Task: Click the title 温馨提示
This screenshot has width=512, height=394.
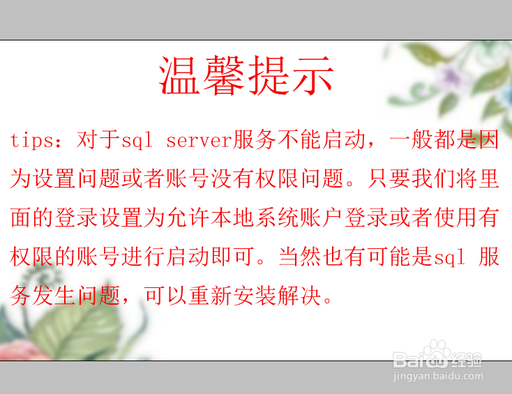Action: coord(246,75)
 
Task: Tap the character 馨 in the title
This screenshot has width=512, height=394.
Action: coord(224,75)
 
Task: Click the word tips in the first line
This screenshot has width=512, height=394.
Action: coord(31,140)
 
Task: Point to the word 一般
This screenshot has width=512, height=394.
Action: coord(411,139)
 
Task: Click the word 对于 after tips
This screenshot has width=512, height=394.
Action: coord(98,139)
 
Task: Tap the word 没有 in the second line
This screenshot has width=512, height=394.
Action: coord(232,179)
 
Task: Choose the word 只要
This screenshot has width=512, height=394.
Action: coord(389,179)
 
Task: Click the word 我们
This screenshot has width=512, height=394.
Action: coord(433,179)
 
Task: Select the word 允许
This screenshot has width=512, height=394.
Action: coord(188,218)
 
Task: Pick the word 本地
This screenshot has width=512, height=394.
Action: coord(232,218)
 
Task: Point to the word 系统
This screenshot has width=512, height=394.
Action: coord(277,218)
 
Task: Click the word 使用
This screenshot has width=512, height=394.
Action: coord(455,218)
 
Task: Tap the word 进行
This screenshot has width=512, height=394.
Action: coord(143,257)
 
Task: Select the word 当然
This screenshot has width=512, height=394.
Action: coord(301,257)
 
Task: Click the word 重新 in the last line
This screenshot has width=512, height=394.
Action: coord(210,296)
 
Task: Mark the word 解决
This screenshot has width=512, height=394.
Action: coord(299,296)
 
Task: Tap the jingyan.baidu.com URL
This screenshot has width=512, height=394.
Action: coord(438,376)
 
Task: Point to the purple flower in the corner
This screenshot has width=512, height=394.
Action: coord(451,76)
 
